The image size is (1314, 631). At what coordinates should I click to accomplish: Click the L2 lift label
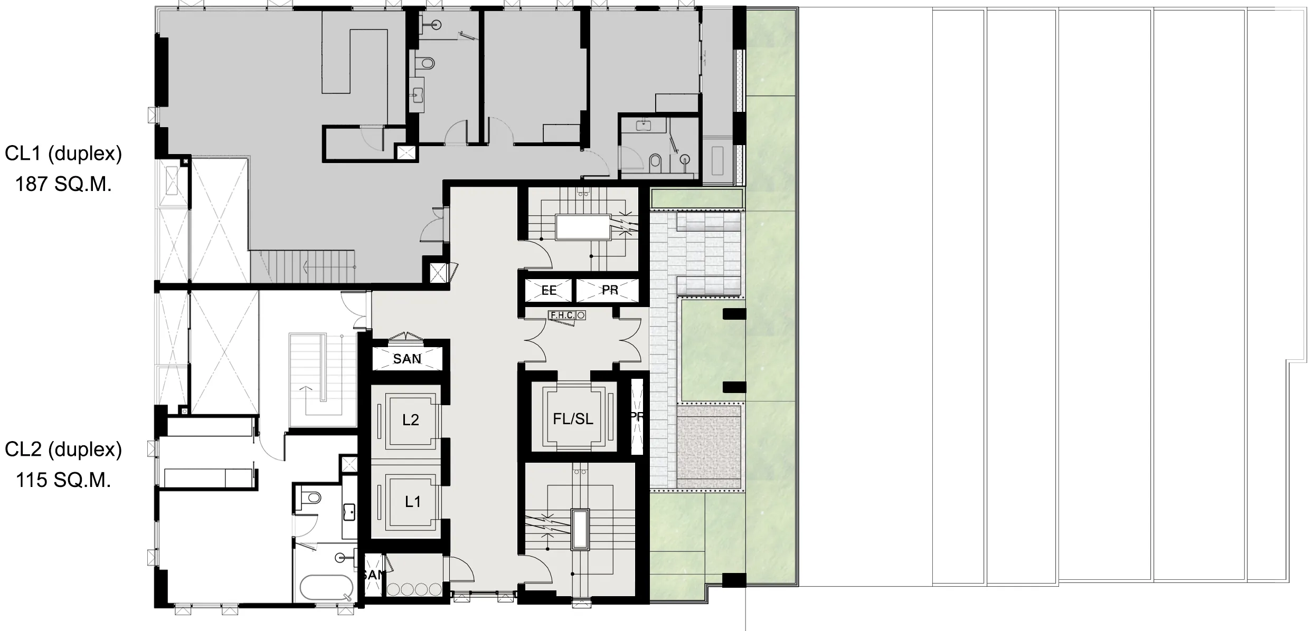click(x=411, y=420)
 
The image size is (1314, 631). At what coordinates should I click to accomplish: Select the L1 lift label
click(x=412, y=502)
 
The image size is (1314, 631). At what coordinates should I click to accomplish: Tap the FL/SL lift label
click(x=573, y=419)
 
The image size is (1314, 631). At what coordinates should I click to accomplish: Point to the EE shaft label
click(x=549, y=291)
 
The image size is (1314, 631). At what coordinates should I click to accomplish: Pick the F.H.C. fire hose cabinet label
click(x=562, y=315)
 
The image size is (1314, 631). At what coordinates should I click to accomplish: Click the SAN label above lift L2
click(x=407, y=359)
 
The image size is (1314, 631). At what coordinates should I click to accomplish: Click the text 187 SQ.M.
click(x=63, y=185)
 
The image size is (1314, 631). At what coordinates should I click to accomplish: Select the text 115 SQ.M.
click(x=63, y=481)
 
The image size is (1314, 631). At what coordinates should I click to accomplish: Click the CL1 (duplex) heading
click(x=63, y=154)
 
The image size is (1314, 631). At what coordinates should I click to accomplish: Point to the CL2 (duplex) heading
click(x=63, y=450)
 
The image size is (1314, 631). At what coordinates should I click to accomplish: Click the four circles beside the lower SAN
click(x=414, y=589)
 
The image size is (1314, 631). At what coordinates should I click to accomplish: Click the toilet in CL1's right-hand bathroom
click(x=655, y=161)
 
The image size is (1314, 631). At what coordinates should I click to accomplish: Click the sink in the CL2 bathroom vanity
click(x=348, y=511)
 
